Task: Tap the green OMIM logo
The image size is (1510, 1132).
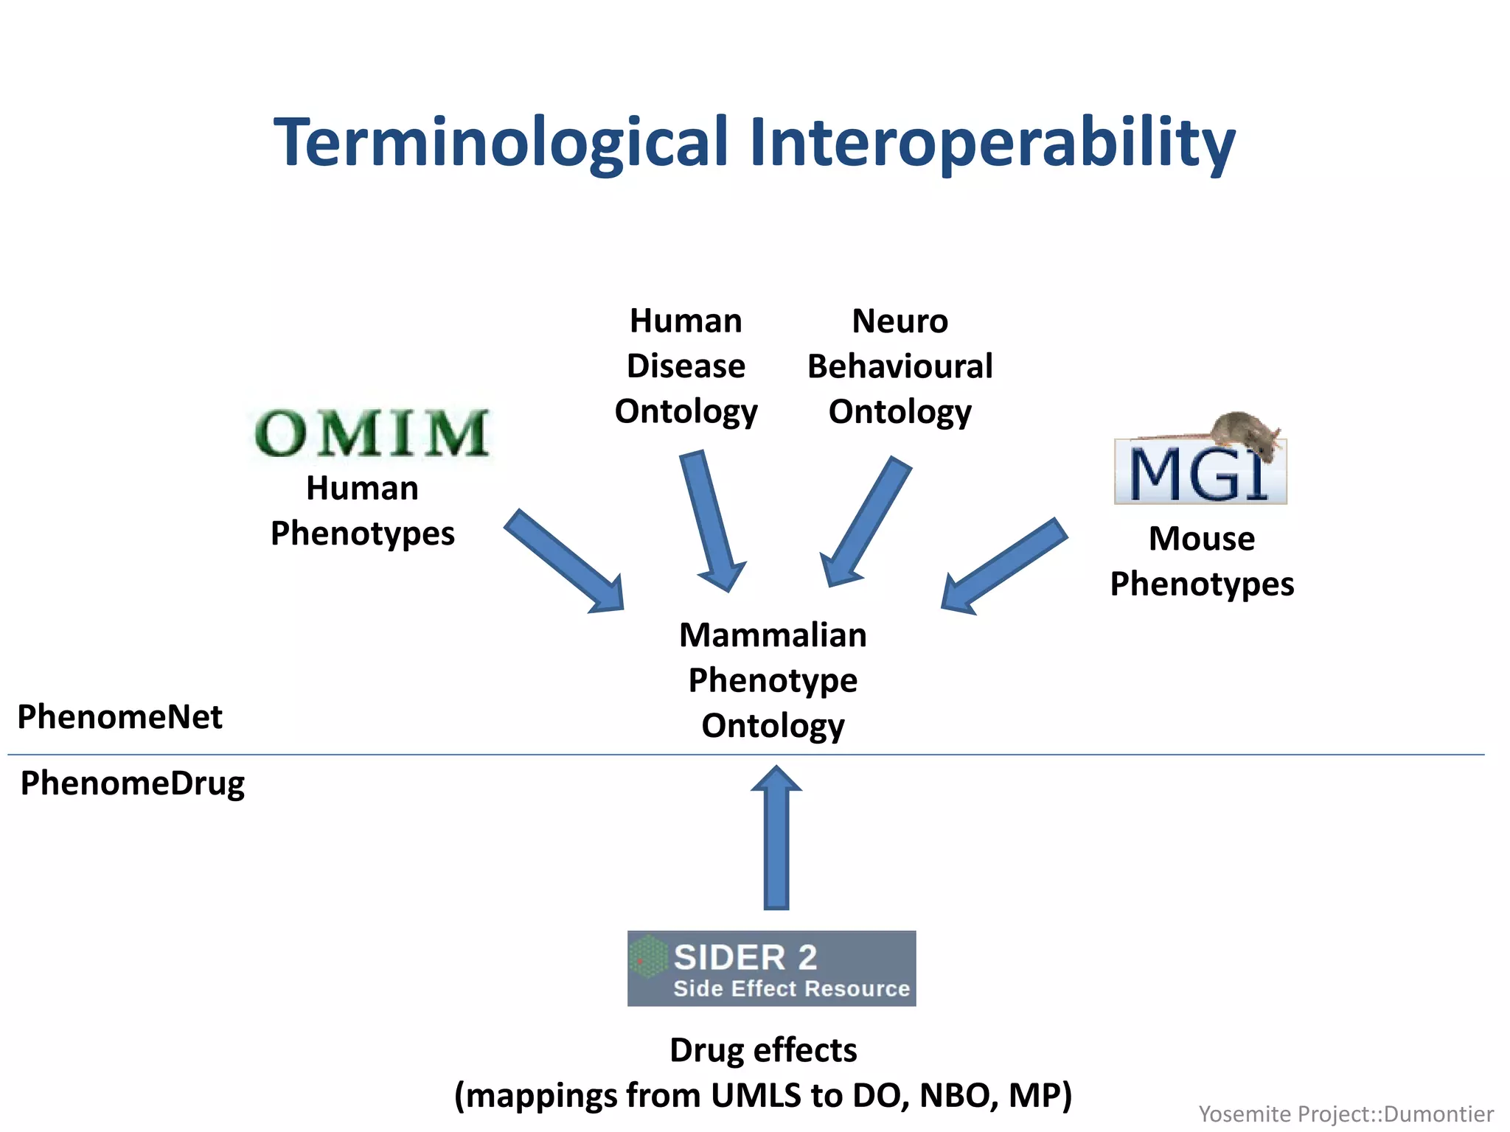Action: (372, 433)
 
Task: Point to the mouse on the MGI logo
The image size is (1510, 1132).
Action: (1246, 429)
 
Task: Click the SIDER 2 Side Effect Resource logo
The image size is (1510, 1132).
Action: (771, 968)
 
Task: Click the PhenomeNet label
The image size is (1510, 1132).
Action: (119, 716)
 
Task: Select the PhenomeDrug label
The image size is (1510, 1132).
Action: (133, 783)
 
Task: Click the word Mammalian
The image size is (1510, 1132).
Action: (773, 635)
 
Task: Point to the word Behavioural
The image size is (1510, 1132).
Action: (900, 366)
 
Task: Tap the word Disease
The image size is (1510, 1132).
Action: (686, 366)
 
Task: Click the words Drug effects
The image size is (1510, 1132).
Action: (763, 1050)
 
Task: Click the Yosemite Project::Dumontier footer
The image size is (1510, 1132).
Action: (1346, 1114)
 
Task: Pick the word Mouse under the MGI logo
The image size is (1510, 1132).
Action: (1202, 539)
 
